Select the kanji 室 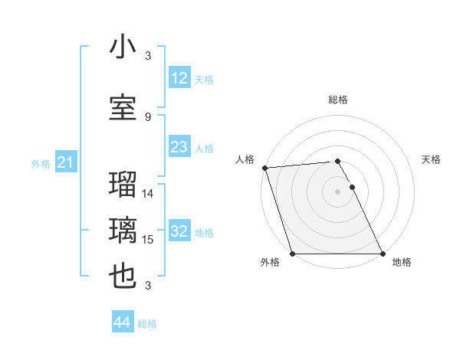pyautogui.click(x=123, y=107)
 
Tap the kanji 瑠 pyautogui.click(x=123, y=185)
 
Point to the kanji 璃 pyautogui.click(x=123, y=231)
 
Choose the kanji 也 pyautogui.click(x=123, y=277)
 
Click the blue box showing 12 pyautogui.click(x=179, y=78)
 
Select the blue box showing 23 pyautogui.click(x=179, y=147)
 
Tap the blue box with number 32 pyautogui.click(x=179, y=231)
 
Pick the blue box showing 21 pyautogui.click(x=65, y=162)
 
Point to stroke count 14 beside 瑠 pyautogui.click(x=149, y=193)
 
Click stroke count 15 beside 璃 pyautogui.click(x=149, y=240)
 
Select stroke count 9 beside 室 pyautogui.click(x=148, y=116)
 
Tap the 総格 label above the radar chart pyautogui.click(x=338, y=100)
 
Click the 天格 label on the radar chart pyautogui.click(x=432, y=159)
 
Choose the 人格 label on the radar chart pyautogui.click(x=245, y=159)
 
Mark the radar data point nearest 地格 pyautogui.click(x=383, y=254)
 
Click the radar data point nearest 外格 pyautogui.click(x=292, y=254)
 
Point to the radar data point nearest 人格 pyautogui.click(x=264, y=168)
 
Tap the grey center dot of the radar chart pyautogui.click(x=337, y=191)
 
